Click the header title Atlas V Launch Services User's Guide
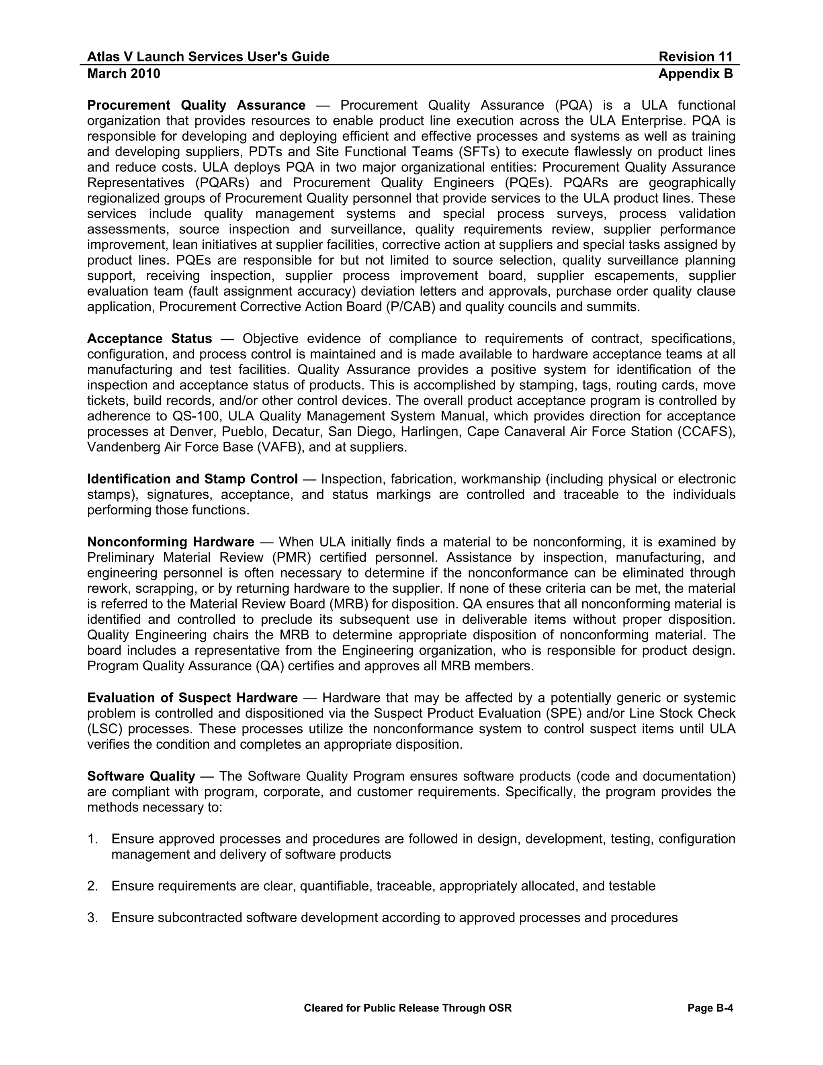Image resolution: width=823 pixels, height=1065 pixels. click(x=208, y=57)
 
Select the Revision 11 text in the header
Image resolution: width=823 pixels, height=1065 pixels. click(x=695, y=57)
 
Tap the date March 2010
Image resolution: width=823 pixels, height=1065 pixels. click(x=123, y=74)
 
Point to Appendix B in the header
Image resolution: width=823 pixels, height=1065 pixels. click(x=695, y=74)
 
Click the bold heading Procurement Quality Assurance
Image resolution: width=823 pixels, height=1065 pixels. click(x=196, y=105)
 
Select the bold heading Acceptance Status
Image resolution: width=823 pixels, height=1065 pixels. click(x=149, y=338)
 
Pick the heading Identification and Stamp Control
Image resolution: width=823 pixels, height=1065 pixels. click(x=192, y=479)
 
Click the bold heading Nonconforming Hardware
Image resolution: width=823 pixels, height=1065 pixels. click(x=171, y=542)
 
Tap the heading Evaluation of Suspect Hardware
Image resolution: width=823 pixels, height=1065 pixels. click(x=192, y=698)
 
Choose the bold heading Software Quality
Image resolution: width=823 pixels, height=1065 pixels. click(x=141, y=776)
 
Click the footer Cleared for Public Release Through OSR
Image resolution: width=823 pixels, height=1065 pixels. click(x=407, y=1008)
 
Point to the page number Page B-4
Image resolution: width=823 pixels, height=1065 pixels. click(x=710, y=1008)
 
